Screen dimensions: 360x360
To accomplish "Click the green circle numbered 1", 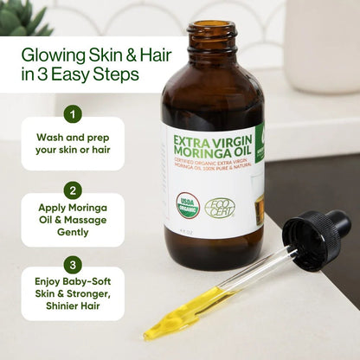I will (74, 112).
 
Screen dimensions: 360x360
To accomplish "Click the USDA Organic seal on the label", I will (188, 203).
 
